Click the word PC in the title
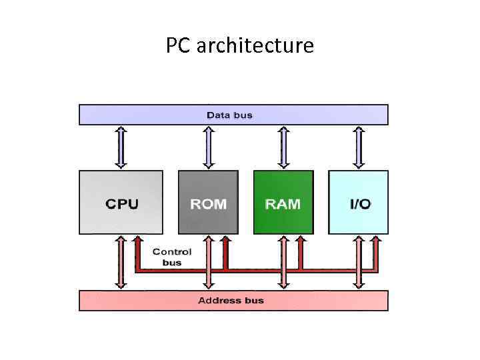tap(177, 46)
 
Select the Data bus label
tap(230, 115)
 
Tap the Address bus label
tap(231, 301)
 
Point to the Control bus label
tap(172, 257)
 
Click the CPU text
tap(122, 204)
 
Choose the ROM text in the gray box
tap(208, 204)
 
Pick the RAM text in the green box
tap(283, 204)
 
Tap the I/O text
tap(360, 204)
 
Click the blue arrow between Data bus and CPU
tap(121, 147)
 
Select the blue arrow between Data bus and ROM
tap(209, 147)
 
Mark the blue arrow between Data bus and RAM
tap(283, 147)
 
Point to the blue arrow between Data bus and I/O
tap(359, 147)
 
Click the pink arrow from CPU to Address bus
tap(121, 261)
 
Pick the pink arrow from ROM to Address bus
tap(209, 261)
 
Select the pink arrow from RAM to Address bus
tap(283, 261)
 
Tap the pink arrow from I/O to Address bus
tap(359, 261)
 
